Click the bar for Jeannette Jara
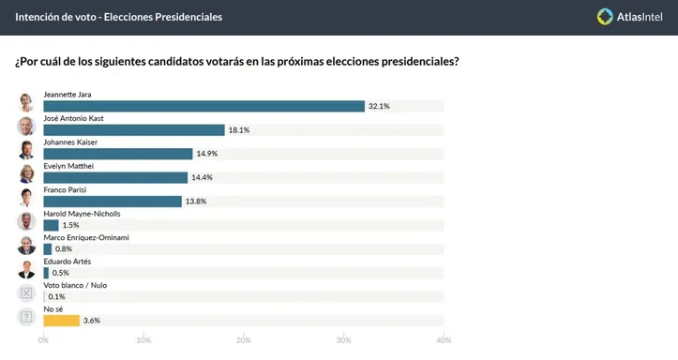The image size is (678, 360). [x=203, y=106]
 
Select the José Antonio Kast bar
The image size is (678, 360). [x=134, y=129]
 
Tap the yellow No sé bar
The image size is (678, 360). [x=61, y=320]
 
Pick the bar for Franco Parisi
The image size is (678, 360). [x=113, y=201]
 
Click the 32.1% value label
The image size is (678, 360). [x=379, y=106]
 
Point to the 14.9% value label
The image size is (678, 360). [x=207, y=154]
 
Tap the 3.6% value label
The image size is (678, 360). [x=91, y=320]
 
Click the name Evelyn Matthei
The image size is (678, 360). [x=75, y=166]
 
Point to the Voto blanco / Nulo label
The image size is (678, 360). [x=81, y=284]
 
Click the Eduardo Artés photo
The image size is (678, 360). [x=27, y=269]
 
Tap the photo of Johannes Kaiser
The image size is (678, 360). [x=27, y=150]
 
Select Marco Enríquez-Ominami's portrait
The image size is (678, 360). [x=27, y=245]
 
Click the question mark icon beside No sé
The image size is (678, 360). [x=27, y=317]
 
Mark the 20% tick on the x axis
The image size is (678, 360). [x=244, y=339]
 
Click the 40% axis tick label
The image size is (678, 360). [x=444, y=339]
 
